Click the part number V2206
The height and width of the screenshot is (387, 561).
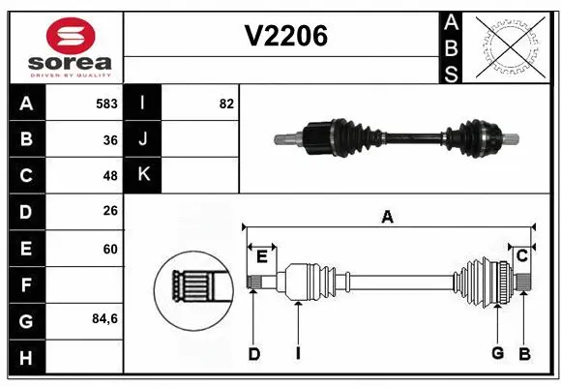(285, 37)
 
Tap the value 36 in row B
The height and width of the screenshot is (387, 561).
(110, 139)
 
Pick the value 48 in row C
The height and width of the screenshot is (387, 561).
(110, 176)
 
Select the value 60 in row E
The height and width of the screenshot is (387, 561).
(110, 249)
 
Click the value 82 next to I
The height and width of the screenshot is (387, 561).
(226, 103)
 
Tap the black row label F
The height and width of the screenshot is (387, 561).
(26, 284)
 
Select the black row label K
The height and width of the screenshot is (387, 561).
(143, 175)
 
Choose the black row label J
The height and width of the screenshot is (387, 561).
(143, 139)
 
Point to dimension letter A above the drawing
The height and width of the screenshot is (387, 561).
(387, 218)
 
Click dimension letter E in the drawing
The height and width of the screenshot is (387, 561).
(261, 255)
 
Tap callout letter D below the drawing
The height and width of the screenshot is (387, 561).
(253, 354)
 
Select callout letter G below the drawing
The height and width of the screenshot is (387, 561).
(497, 353)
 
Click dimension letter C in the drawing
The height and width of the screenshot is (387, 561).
(522, 255)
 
